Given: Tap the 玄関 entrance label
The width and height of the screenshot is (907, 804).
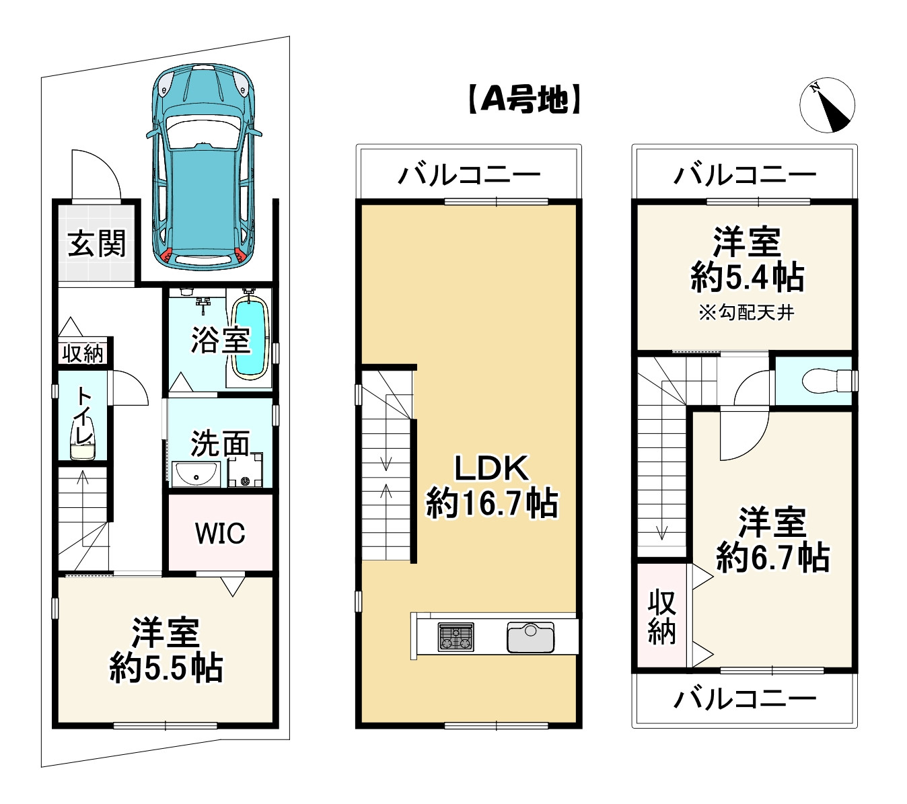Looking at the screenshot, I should click(x=97, y=243).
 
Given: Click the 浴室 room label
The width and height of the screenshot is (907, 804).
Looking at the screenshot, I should click(x=220, y=340).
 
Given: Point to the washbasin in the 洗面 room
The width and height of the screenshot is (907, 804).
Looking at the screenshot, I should click(x=195, y=474).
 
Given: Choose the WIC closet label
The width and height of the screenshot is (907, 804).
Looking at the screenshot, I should click(x=220, y=533).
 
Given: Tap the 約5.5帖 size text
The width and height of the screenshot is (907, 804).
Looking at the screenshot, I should click(x=166, y=668).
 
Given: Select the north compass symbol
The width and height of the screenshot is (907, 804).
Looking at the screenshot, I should click(x=827, y=106).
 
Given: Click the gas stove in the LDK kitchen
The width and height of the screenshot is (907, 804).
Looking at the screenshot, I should click(x=456, y=636).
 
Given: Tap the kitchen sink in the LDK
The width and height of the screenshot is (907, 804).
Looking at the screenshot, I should click(x=530, y=636).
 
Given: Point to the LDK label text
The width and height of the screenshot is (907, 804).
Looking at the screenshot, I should click(x=492, y=468).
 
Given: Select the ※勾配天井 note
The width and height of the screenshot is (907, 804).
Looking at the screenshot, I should click(x=746, y=313).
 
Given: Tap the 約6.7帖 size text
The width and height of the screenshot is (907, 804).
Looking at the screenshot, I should click(x=772, y=558).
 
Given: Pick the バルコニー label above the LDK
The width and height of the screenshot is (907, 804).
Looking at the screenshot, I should click(x=469, y=176).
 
